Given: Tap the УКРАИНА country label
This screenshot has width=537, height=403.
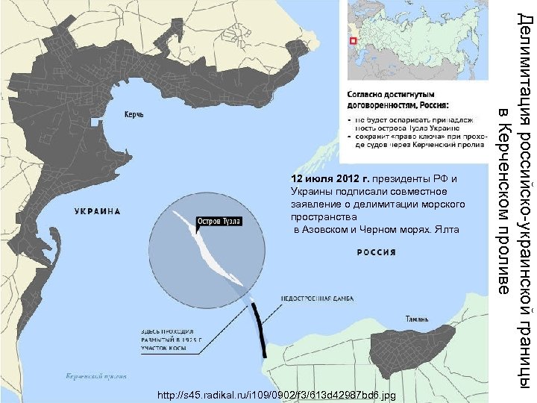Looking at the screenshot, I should click(x=98, y=211).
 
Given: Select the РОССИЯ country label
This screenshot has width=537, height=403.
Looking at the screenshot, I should click(x=377, y=252).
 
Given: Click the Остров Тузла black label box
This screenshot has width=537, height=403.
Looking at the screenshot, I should click(x=219, y=221).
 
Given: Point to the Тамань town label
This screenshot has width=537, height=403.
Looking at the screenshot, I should click(x=417, y=319).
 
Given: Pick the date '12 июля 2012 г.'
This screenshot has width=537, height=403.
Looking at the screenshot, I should click(x=330, y=179).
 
